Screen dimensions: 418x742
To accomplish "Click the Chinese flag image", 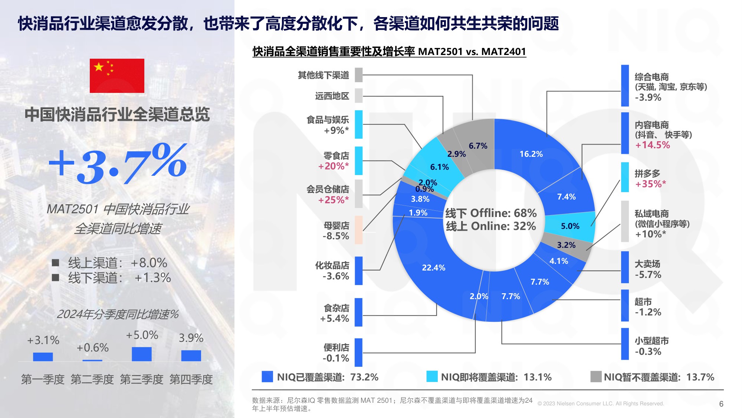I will pos(117,76).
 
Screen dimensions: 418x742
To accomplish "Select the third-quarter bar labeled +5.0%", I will pos(142,354).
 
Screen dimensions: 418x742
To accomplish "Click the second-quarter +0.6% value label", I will pos(92,348).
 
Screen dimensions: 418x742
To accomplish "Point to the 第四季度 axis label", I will pos(191,379).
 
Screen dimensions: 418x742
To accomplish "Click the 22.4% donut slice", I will pos(433,268).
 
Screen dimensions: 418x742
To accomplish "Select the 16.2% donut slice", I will pos(531,154).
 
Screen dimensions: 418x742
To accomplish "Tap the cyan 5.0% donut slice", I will pos(570,226).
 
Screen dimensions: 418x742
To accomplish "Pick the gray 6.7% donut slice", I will pos(478,146).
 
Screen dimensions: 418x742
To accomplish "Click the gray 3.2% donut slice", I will pos(566,245).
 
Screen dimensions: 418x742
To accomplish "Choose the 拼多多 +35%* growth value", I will pos(650,184).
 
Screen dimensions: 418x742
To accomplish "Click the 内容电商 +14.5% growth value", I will pos(652,145).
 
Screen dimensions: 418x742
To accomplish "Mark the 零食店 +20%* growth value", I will pos(333,166).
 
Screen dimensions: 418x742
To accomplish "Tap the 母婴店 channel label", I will pos(336,226).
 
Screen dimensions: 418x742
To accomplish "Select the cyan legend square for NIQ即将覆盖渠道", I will pos(432,377).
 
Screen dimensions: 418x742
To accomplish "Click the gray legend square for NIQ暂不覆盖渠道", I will pos(596,377).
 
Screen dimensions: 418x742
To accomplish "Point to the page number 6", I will pos(721,404).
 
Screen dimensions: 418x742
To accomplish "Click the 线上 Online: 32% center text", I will pos(490,226).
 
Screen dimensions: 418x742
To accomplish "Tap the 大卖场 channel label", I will pos(647,264).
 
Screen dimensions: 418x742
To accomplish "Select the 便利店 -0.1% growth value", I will pos(336,359).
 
